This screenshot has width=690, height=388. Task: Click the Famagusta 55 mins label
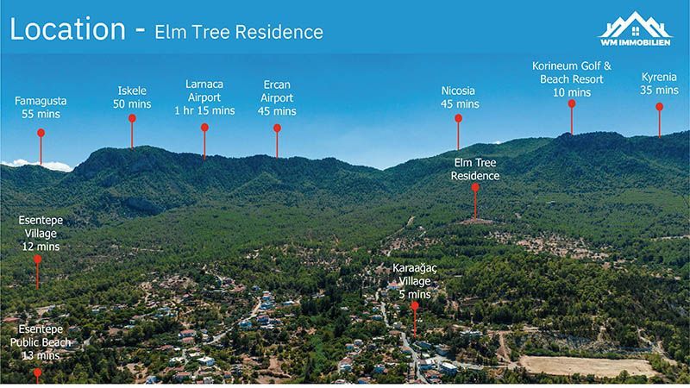coord(41,107)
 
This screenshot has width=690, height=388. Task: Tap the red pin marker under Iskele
coord(132,119)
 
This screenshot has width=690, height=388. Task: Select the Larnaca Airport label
coord(204,97)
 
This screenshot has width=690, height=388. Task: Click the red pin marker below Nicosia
coord(459,119)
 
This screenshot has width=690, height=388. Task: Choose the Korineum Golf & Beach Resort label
coord(572,78)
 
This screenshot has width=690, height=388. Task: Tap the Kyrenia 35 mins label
coord(660,83)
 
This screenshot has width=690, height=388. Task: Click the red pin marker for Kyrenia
coord(660,108)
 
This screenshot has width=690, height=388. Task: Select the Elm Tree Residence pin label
coord(474,169)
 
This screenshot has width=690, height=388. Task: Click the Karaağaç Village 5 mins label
coord(415,281)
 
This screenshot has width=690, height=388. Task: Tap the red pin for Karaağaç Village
coord(415,306)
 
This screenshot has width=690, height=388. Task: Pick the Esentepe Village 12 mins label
coord(40,233)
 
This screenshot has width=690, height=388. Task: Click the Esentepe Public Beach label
coord(40,342)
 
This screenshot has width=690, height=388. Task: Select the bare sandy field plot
coord(586,366)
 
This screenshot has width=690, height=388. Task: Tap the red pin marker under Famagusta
coord(41,133)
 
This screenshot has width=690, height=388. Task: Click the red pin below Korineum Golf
coord(572,104)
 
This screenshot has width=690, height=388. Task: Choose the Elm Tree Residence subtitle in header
coord(239,33)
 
